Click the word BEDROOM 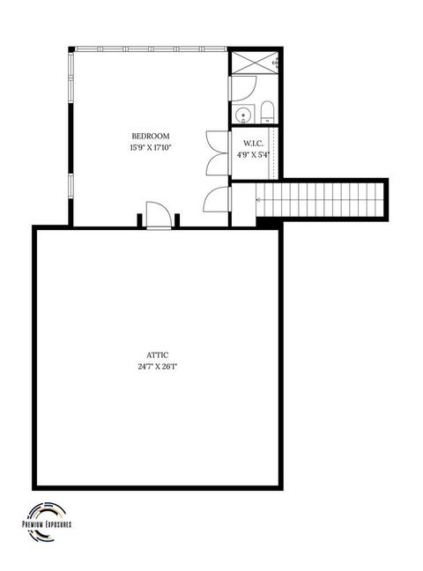(x=150, y=136)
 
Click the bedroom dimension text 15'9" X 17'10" (x=150, y=148)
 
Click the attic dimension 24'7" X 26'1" (x=159, y=367)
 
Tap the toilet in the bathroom (x=268, y=111)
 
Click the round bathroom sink (x=242, y=114)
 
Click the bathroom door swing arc (x=244, y=87)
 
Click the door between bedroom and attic (x=158, y=215)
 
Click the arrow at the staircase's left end (x=258, y=200)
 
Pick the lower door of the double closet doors (x=216, y=164)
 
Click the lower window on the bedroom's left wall (x=69, y=187)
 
